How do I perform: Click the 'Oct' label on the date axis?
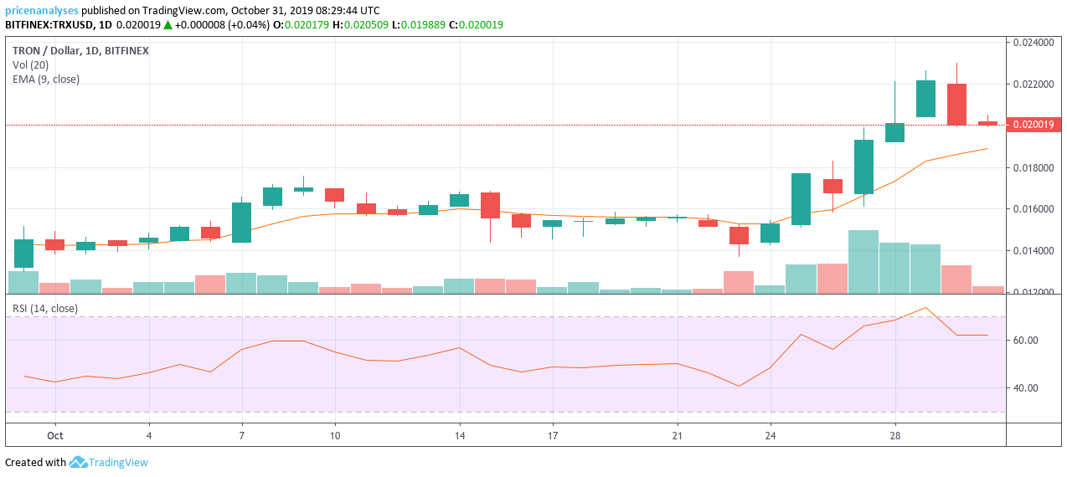(55, 435)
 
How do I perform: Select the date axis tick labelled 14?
(459, 435)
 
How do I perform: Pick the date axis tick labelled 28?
(894, 435)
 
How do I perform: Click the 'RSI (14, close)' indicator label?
(45, 309)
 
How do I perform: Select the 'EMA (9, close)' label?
(46, 79)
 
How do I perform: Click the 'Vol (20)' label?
(30, 65)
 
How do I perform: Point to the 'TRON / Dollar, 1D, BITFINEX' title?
(80, 51)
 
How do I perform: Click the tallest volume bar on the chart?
(863, 261)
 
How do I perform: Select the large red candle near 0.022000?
(956, 105)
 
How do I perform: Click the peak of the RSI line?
(925, 308)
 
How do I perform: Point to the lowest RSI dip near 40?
(739, 386)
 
